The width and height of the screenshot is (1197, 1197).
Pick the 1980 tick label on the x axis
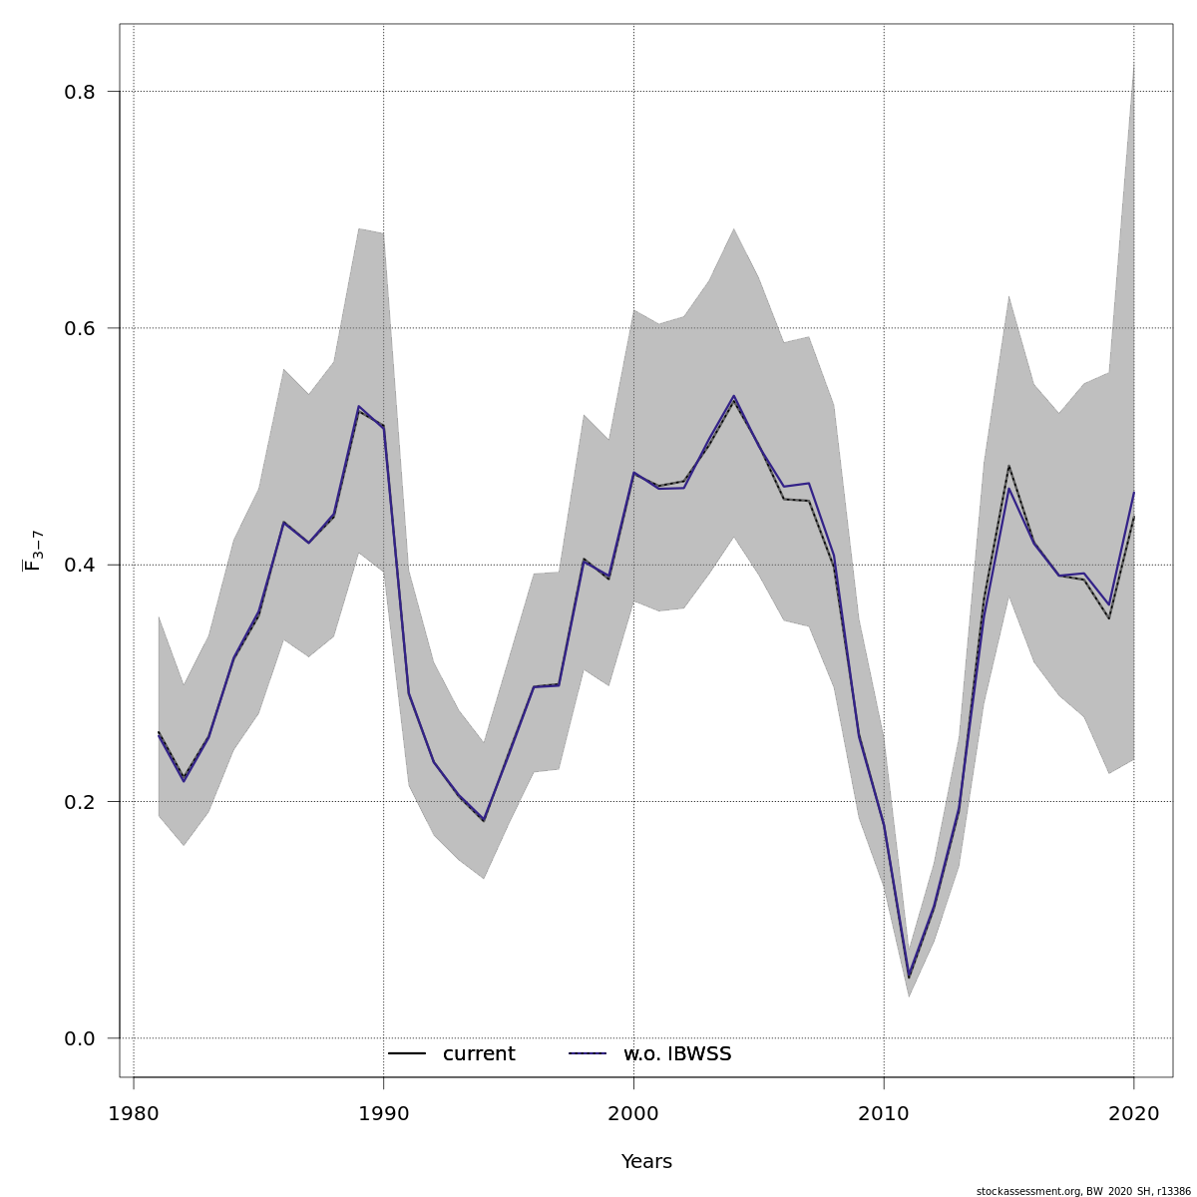134,1113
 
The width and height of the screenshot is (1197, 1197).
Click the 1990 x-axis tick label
384,1113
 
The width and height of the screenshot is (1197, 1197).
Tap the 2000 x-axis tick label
634,1113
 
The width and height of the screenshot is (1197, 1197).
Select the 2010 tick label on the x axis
885,1113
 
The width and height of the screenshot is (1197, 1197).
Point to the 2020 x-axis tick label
1134,1113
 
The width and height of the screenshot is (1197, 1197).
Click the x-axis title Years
646,1162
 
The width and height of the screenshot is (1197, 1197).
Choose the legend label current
479,1054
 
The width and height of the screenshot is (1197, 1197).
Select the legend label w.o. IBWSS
677,1054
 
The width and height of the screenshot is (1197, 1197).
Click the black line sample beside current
407,1054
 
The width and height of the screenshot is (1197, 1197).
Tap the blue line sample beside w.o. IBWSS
588,1054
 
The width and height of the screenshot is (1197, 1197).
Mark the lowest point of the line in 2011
909,977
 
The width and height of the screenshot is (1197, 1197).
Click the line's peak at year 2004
734,397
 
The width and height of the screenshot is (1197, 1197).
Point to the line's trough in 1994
484,820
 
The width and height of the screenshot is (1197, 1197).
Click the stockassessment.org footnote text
1083,1191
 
